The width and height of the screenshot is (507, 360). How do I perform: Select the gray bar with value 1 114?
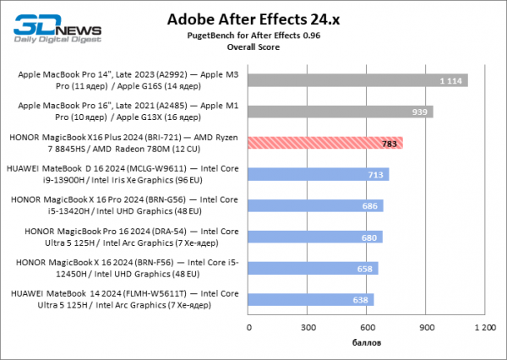click(358, 80)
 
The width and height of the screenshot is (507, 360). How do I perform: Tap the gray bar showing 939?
click(341, 112)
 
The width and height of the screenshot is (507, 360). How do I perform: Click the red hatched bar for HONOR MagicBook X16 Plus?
click(325, 143)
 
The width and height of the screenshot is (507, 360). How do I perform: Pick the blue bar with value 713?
click(319, 174)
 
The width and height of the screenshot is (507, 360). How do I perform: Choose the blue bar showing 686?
click(316, 205)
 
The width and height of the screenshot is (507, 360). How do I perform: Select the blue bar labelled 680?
click(315, 237)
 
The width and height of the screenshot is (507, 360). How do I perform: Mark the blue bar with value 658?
click(313, 268)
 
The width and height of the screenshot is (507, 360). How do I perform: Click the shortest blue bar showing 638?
click(311, 299)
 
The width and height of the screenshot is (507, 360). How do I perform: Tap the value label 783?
click(390, 143)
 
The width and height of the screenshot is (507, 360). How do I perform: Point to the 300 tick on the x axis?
click(308, 326)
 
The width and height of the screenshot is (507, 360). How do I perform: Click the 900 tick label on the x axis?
click(427, 326)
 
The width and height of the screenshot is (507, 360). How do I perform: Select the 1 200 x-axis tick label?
click(485, 326)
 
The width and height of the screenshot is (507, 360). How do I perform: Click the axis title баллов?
click(367, 344)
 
